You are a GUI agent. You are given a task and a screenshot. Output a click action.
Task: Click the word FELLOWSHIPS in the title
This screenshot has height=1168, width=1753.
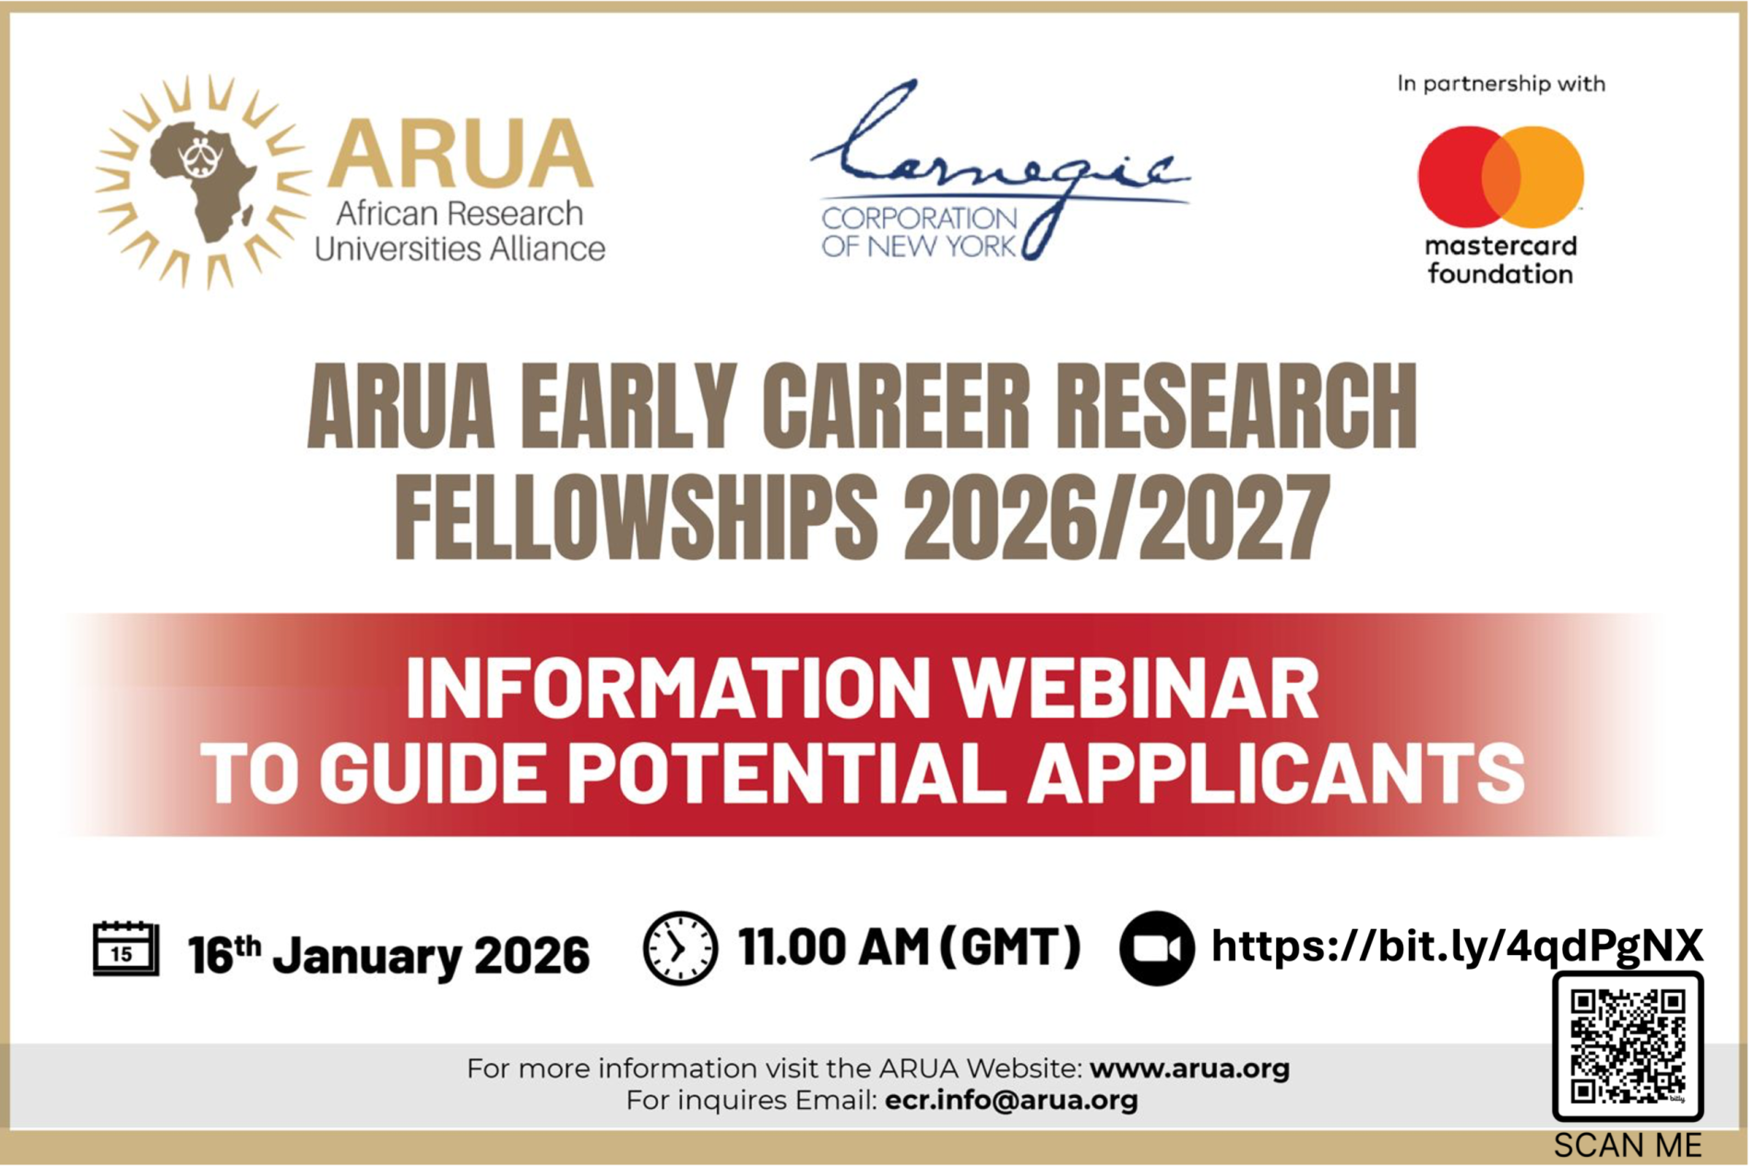637,518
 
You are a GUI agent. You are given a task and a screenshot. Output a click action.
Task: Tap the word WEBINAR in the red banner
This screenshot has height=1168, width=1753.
1139,689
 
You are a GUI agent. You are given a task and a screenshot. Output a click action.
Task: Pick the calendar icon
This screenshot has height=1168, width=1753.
125,949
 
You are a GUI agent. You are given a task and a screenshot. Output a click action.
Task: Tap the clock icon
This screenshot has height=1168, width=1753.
681,949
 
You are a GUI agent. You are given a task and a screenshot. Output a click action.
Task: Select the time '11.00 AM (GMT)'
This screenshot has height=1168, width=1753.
911,948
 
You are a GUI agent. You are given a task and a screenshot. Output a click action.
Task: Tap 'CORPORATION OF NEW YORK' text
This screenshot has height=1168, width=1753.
920,232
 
